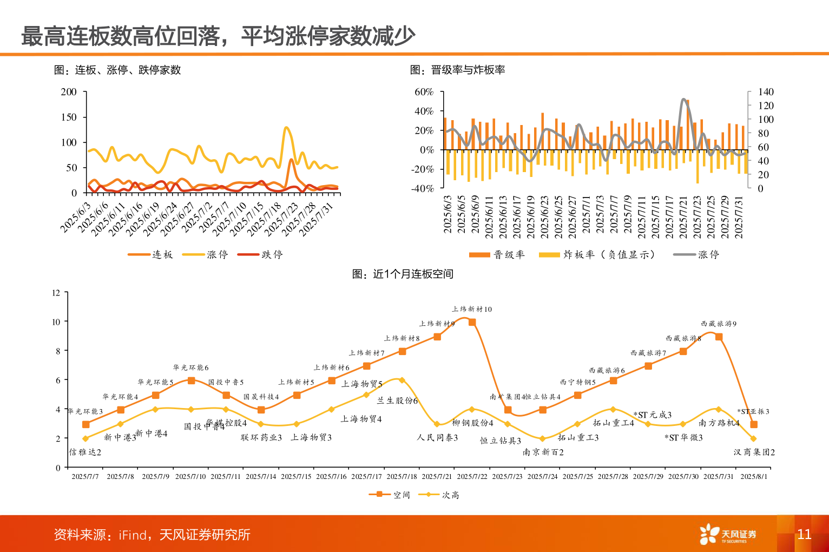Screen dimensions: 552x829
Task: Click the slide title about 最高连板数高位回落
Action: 218,36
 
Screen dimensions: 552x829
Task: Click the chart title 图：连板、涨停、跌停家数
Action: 117,70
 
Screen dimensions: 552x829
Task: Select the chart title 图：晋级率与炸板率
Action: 457,70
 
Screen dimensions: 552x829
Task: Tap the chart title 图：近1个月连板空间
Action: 403,274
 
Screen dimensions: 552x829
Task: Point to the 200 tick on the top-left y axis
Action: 69,92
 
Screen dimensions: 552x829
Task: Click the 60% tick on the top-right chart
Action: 424,92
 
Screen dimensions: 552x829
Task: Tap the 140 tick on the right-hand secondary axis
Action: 765,92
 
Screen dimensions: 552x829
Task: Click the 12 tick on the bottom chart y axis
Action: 56,293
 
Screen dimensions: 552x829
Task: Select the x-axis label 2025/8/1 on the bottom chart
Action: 753,477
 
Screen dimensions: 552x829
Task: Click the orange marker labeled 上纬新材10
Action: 472,322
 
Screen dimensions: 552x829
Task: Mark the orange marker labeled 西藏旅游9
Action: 719,337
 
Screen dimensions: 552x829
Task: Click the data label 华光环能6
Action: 190,367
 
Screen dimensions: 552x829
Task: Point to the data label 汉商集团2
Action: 754,452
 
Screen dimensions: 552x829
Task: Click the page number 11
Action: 804,534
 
